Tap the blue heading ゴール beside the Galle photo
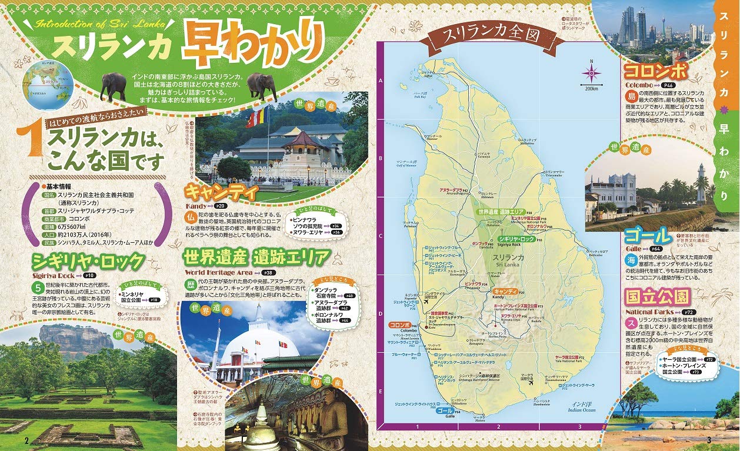coord(648,236)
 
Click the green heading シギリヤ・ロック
coord(88,260)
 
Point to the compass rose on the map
coord(591,73)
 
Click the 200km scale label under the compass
coord(591,88)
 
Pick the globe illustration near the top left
coord(48,87)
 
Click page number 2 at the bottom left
coord(26,440)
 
